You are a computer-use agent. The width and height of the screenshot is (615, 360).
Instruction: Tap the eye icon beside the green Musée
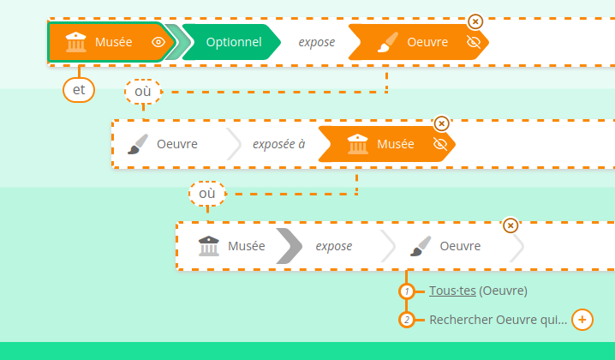[158, 42]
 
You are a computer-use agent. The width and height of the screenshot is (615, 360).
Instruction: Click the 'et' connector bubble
[79, 88]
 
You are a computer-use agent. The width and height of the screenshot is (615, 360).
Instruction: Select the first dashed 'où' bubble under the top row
[143, 91]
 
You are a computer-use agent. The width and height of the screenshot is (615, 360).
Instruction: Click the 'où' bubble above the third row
[207, 194]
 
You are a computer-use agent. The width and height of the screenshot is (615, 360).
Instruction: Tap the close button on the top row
[475, 21]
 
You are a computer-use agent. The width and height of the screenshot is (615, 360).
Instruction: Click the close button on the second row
[441, 123]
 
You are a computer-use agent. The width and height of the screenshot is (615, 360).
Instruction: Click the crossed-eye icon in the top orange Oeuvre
[474, 42]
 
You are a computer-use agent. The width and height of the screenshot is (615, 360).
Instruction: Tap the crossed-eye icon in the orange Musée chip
[441, 144]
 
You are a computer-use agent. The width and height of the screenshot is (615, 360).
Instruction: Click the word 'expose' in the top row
[316, 42]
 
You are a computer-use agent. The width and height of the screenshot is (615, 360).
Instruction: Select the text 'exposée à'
[278, 144]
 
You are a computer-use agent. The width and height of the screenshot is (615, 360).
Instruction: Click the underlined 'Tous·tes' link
[452, 291]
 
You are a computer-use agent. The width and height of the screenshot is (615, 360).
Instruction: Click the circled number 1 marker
[408, 291]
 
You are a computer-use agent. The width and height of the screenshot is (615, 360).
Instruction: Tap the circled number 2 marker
[408, 321]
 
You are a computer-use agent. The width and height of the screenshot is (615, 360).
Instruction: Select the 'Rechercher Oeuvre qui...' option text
[498, 320]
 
